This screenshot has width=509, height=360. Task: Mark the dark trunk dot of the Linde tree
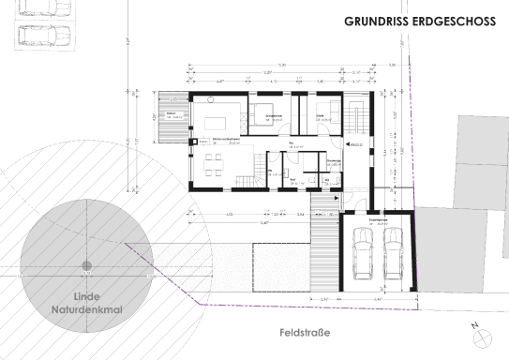(x=86, y=265)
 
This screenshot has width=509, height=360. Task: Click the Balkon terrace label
(x=172, y=115)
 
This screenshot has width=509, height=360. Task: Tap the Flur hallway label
(x=292, y=143)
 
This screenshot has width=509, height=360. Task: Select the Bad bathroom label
(x=292, y=178)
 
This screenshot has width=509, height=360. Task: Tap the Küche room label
(x=225, y=139)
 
